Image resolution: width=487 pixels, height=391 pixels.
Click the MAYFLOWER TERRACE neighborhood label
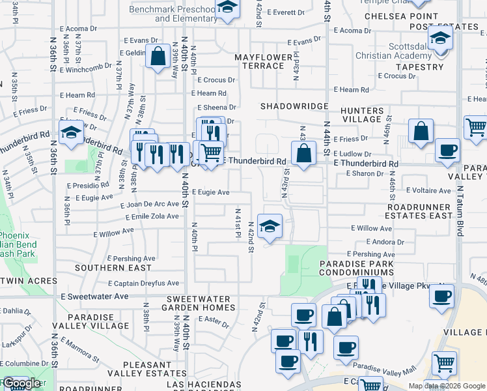point(264,62)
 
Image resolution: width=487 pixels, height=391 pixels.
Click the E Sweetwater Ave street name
point(95,296)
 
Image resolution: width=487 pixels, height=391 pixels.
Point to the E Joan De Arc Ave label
point(149,204)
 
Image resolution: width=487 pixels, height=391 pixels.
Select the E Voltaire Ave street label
point(428,191)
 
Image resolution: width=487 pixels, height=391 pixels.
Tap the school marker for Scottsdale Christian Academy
point(441,39)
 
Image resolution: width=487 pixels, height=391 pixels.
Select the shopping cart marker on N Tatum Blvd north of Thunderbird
point(477,126)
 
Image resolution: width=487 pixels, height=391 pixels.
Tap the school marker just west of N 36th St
point(72,132)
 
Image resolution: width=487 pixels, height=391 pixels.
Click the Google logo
point(21,384)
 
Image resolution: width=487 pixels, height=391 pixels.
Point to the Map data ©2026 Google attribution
point(447,386)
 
